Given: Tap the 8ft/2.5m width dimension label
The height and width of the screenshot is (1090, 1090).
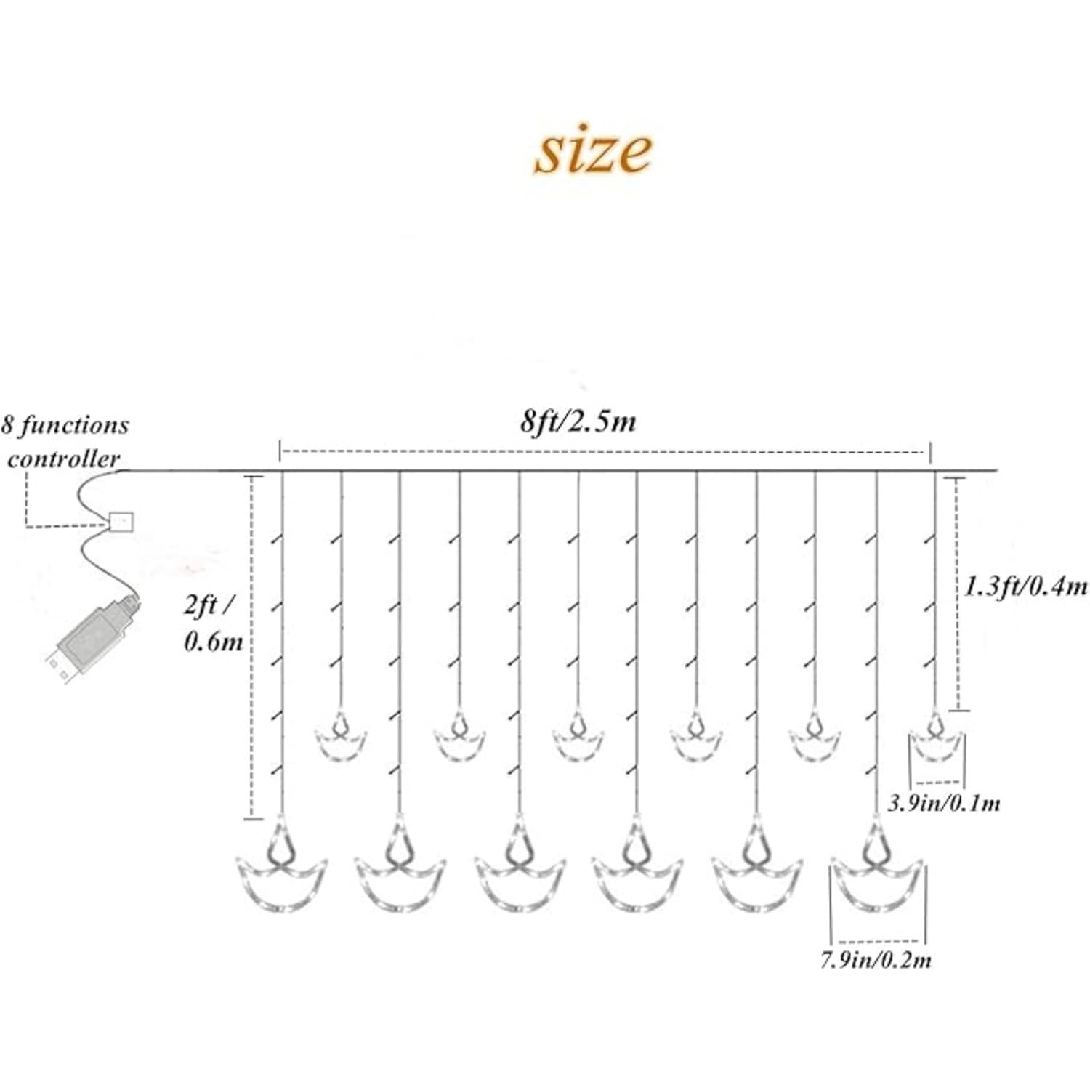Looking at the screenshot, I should (x=578, y=421).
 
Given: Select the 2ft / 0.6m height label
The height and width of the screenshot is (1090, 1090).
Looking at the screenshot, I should (x=212, y=623).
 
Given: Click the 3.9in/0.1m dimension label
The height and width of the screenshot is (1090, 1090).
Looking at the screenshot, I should (x=944, y=803).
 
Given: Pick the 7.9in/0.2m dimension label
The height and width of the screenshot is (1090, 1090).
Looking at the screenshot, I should (x=876, y=960).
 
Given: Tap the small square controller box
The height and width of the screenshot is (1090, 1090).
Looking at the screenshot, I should (x=121, y=522).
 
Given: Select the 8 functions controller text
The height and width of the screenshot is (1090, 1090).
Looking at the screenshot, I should (x=65, y=441).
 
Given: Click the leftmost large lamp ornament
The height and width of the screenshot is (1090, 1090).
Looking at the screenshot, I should (x=281, y=868).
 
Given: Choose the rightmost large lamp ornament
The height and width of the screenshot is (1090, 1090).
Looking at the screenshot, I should (x=877, y=868).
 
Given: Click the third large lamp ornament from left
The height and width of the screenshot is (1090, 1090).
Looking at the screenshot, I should (x=520, y=868).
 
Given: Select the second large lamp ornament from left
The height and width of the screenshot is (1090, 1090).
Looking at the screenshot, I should (x=400, y=868).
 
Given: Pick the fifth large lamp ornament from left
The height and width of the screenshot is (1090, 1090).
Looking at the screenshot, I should (x=757, y=868).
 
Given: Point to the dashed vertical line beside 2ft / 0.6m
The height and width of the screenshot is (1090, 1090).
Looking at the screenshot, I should (x=252, y=647).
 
